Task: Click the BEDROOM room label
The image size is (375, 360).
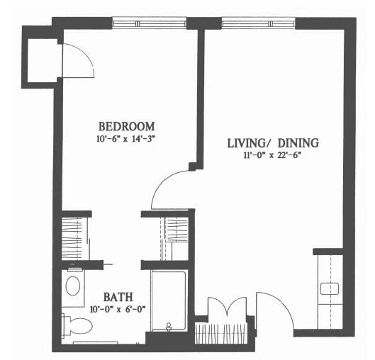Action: click(126, 126)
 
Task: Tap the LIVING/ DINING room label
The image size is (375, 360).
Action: click(273, 143)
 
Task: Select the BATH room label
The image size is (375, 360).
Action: click(118, 297)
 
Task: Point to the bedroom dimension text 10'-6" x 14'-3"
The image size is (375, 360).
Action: click(125, 139)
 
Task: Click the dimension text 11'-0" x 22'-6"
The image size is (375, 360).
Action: click(272, 155)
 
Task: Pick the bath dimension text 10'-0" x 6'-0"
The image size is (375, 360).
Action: click(118, 310)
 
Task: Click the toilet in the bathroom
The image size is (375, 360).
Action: click(77, 326)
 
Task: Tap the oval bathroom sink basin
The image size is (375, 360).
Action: click(73, 286)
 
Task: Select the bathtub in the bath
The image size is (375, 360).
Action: click(169, 300)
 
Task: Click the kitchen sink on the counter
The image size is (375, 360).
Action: click(330, 288)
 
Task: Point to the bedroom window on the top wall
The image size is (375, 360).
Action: click(150, 23)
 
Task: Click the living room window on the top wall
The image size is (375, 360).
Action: click(258, 23)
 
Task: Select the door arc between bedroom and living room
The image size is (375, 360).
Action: click(162, 183)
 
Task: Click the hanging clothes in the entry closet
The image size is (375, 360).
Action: click(221, 333)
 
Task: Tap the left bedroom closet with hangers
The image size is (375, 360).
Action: click(72, 239)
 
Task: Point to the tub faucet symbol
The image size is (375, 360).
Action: click(169, 327)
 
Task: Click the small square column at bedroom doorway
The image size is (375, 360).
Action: click(192, 167)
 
